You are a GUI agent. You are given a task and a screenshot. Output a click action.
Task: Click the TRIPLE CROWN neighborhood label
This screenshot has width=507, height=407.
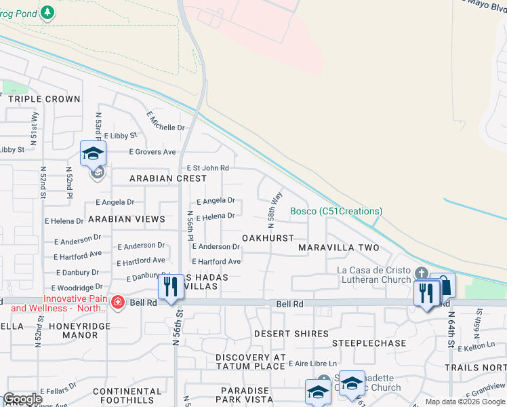click(x=44, y=99)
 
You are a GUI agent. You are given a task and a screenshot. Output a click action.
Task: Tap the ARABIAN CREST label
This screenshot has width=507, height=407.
click(x=168, y=178)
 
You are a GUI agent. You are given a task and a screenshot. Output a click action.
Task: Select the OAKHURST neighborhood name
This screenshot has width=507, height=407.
click(x=268, y=238)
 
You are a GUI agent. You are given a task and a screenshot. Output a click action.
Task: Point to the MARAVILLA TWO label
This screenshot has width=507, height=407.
click(x=339, y=248)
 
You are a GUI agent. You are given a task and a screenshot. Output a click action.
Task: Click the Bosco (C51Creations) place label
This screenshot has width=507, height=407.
click(x=336, y=211)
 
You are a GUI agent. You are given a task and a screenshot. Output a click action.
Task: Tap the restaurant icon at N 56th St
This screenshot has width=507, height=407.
click(x=169, y=286)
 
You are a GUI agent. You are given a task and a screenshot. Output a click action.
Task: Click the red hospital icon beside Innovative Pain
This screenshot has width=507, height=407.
click(x=117, y=301)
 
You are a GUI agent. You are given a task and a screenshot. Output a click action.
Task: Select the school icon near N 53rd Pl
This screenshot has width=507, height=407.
click(x=94, y=153)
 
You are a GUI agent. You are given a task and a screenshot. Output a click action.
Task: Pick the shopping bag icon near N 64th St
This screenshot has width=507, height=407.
click(x=444, y=285)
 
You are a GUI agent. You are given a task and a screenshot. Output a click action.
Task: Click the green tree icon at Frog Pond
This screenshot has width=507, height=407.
click(x=47, y=12)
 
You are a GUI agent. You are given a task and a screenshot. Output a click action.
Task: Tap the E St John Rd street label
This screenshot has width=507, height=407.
click(x=207, y=168)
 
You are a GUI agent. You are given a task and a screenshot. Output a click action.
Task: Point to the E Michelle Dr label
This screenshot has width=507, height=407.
click(x=166, y=121)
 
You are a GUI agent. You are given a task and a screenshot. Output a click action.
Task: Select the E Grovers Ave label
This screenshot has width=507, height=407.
click(x=153, y=152)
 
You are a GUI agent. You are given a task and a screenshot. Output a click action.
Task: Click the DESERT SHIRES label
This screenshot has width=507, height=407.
click(x=291, y=334)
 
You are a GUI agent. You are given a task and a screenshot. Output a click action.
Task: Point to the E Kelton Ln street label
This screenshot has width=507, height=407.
click(x=477, y=347)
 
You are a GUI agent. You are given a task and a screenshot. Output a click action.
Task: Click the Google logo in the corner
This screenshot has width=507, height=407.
click(x=22, y=399)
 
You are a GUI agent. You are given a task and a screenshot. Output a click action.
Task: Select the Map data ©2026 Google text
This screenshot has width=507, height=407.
click(x=465, y=402)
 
